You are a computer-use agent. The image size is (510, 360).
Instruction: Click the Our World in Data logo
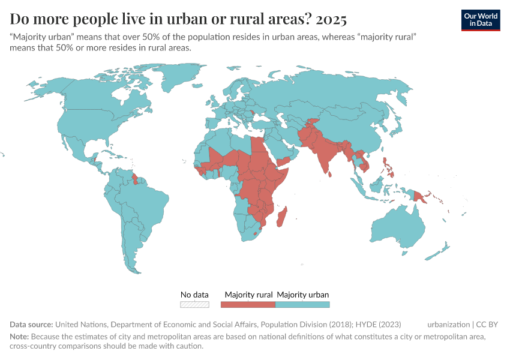point(481,19)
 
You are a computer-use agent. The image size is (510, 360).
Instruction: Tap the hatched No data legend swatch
point(195,304)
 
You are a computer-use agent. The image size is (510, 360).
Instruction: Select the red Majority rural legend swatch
point(248,304)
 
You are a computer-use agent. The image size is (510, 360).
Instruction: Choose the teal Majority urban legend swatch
point(302,304)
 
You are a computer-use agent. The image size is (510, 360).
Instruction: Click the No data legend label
point(195,295)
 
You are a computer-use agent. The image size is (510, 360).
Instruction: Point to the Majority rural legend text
point(249,295)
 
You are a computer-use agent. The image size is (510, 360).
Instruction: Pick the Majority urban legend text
point(303,295)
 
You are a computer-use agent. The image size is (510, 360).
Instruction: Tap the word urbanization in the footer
point(449,325)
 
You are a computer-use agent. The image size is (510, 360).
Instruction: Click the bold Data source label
point(32,325)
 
